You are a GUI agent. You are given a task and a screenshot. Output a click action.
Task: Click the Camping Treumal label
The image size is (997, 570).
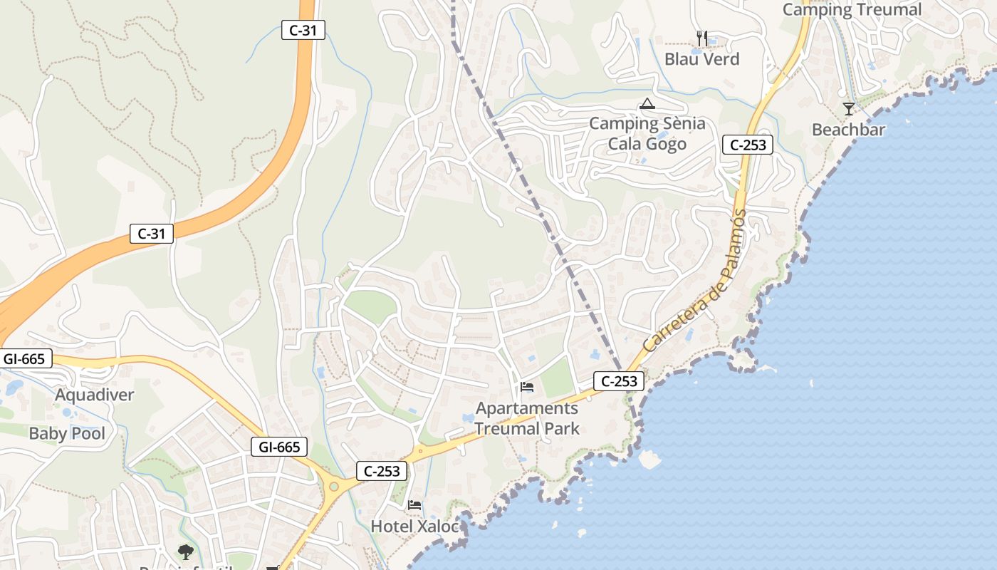[x=852, y=9]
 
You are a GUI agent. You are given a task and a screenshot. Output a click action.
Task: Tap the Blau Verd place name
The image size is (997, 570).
[x=701, y=58]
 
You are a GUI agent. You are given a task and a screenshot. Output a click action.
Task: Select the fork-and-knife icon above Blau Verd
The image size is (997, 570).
[x=702, y=38]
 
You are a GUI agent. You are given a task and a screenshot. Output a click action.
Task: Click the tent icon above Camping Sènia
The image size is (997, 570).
[x=647, y=104]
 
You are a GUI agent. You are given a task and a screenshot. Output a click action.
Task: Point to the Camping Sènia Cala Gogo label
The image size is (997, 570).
[x=647, y=133]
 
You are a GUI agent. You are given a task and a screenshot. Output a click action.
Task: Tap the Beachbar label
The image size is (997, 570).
[x=848, y=130]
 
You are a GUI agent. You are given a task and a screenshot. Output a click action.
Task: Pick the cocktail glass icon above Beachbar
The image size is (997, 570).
[x=848, y=109]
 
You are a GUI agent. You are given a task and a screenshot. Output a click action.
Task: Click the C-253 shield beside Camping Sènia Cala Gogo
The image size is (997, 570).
[x=748, y=145]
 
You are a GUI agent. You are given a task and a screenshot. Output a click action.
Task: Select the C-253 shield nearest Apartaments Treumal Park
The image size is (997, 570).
[x=619, y=381]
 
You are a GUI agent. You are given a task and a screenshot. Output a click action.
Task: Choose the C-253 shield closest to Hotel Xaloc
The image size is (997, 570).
[x=382, y=471]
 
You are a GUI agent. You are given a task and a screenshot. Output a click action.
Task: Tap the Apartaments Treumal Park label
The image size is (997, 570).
[x=527, y=418]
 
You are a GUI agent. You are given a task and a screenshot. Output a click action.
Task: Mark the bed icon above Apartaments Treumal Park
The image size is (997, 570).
[x=527, y=387]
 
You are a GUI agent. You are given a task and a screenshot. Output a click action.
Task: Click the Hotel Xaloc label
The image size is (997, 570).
[x=412, y=527]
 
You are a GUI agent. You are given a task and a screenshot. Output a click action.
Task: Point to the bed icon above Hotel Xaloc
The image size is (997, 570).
[x=414, y=505]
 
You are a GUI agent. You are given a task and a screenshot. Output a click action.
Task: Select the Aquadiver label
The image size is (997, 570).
[x=94, y=395]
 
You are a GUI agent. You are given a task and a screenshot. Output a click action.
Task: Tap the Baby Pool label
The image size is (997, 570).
[x=66, y=433]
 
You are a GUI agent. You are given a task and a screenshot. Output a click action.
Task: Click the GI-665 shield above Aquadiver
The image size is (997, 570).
[x=25, y=358]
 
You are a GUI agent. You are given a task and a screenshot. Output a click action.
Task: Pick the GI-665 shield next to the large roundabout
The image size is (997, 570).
[x=279, y=447]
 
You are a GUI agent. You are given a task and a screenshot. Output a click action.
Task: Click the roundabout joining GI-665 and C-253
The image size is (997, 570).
[x=333, y=487]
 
